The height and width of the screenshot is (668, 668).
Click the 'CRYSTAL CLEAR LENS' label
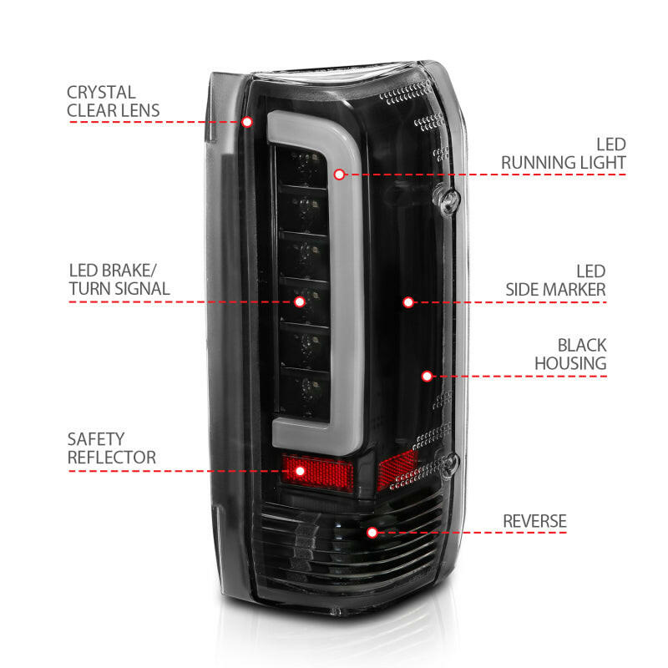point(114,101)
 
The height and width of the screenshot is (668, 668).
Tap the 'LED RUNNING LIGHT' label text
point(564,153)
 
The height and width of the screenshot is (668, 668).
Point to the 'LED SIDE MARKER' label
point(556,281)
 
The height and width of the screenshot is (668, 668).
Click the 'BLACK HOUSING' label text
point(570,354)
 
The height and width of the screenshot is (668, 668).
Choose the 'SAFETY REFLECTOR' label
point(112,448)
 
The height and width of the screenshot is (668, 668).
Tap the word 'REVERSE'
point(534,522)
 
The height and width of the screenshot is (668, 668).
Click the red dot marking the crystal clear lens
point(247,122)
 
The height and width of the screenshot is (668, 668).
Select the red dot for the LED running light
point(339,175)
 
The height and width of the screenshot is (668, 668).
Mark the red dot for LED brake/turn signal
point(300,301)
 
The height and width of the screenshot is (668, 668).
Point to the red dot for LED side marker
point(408,301)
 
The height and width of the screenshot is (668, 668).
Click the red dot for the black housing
point(427,376)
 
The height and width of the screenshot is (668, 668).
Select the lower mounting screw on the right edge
point(453,463)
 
